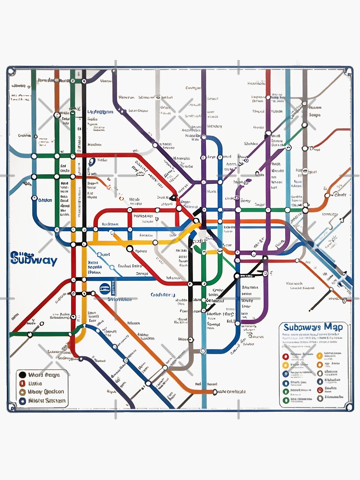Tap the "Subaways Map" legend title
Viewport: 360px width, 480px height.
pos(313,327)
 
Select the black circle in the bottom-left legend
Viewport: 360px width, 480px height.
pos(22,375)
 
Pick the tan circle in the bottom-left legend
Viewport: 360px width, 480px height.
pos(22,392)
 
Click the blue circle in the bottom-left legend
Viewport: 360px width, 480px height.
pos(22,401)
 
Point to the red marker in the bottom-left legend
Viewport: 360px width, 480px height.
pos(22,384)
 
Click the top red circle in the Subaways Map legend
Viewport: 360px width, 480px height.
pos(286,357)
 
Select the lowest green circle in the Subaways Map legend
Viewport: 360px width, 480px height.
pos(286,400)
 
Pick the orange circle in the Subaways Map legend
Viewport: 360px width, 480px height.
pos(320,365)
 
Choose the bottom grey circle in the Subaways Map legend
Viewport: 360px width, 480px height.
pos(320,398)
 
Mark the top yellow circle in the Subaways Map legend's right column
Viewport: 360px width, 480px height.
pos(320,356)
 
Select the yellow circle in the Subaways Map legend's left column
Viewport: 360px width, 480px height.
pos(286,365)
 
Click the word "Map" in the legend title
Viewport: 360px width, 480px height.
pos(333,327)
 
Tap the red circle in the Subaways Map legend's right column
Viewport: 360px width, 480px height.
pos(320,390)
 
